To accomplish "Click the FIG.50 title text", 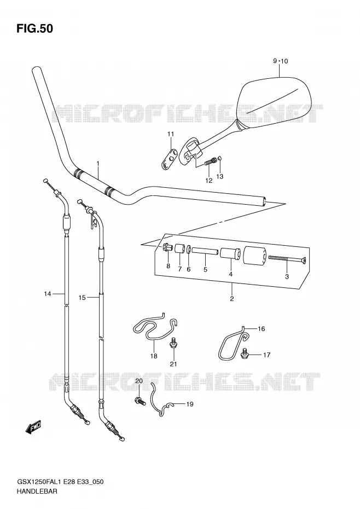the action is (x=34, y=28).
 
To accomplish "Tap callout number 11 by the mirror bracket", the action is (x=171, y=134).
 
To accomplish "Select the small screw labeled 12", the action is (x=210, y=161).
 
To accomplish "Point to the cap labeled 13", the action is (x=220, y=158).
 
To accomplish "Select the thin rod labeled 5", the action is (x=205, y=251).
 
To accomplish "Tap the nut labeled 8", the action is (x=167, y=248).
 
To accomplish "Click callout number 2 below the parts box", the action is (x=232, y=299).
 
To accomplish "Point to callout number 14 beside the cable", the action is (x=48, y=294).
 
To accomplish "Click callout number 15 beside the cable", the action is (x=82, y=297).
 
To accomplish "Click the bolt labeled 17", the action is (x=245, y=354).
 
